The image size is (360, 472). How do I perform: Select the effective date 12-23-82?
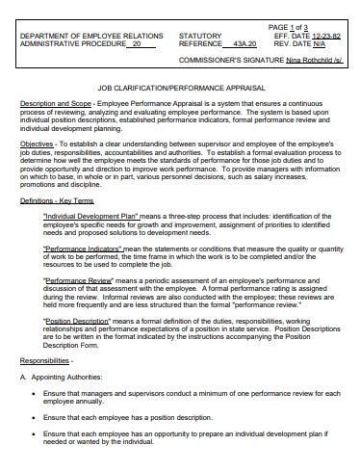[322, 36]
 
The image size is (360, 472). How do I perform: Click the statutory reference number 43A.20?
[245, 44]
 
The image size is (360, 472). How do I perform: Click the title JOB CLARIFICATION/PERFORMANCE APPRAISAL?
[180, 87]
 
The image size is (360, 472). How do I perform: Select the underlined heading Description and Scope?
[52, 103]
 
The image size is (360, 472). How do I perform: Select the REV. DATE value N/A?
[320, 43]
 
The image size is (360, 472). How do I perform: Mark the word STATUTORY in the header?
[199, 36]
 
